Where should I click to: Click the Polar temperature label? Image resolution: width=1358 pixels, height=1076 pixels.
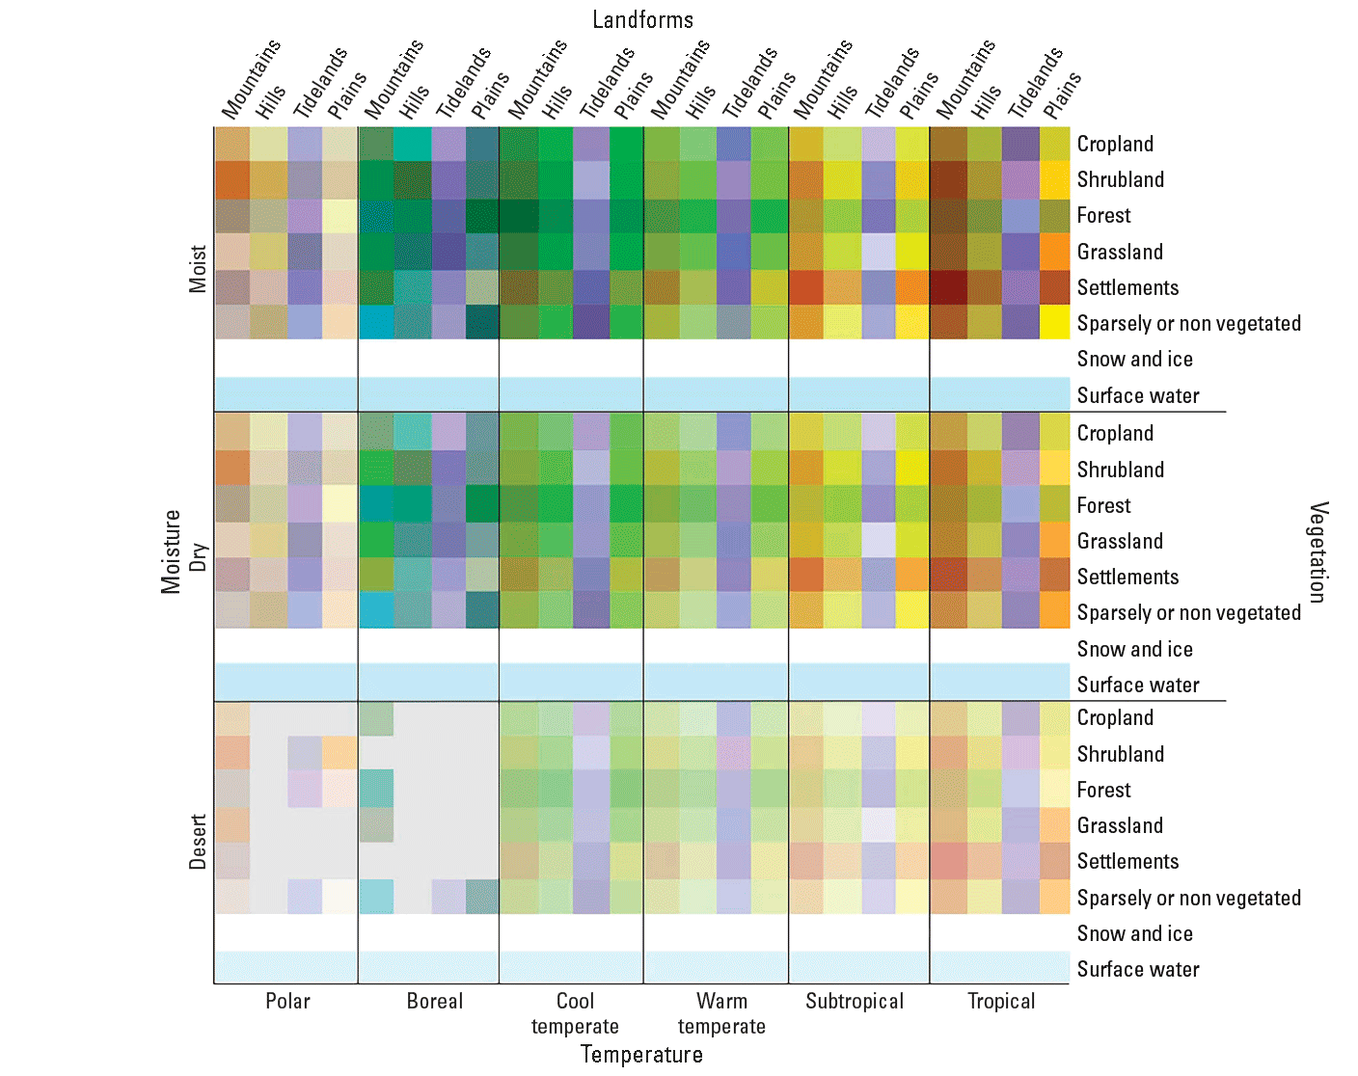pos(287,1001)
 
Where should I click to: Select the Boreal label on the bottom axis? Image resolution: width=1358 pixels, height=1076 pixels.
pos(434,1001)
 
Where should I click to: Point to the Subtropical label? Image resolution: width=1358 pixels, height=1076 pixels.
pos(855,1001)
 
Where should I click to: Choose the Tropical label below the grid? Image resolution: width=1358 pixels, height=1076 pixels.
pos(1001,1001)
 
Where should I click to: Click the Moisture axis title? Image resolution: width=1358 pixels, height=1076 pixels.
pos(171,551)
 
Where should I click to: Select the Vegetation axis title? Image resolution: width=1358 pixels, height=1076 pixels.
pos(1318,551)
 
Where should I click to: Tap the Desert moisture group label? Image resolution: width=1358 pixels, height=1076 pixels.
pos(198,842)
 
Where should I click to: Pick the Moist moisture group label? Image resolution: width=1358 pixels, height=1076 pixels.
pos(198,269)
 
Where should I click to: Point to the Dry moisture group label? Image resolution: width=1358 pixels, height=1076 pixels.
pos(198,556)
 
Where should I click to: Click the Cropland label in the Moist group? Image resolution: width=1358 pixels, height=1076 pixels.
pos(1115,144)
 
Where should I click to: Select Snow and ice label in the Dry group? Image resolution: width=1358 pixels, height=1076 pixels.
pos(1134,649)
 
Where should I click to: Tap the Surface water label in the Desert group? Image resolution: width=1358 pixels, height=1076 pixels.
pos(1138,969)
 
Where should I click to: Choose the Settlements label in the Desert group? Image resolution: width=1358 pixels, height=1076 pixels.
pos(1127,861)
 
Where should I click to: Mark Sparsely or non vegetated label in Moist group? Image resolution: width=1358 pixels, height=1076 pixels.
pos(1188,323)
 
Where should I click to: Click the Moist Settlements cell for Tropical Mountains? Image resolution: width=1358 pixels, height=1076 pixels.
pos(948,287)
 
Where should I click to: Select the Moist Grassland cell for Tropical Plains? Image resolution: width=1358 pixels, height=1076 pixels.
pos(1055,252)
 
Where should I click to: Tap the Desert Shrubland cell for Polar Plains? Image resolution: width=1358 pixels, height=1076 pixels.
pos(339,753)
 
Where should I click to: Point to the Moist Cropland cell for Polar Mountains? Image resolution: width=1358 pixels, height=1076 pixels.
pos(232,144)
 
